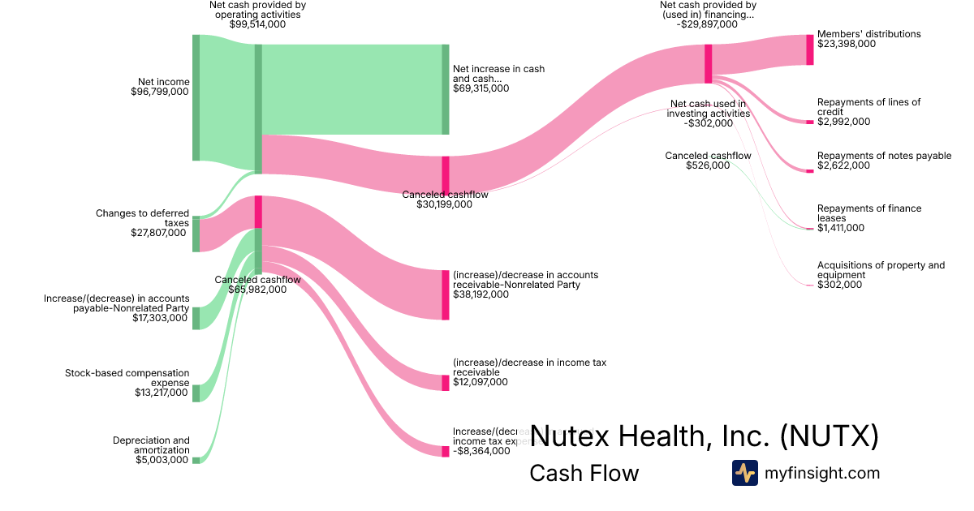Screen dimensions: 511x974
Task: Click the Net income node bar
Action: [196, 97]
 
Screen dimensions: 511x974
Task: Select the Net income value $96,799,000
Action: [160, 92]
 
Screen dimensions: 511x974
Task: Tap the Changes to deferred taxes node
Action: [196, 234]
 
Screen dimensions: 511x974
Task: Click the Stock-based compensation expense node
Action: [196, 393]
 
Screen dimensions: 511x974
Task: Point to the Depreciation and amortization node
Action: [196, 460]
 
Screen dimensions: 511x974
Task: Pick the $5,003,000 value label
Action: [161, 460]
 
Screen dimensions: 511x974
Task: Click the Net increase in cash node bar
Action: [445, 89]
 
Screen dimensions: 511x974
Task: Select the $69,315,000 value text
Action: [481, 88]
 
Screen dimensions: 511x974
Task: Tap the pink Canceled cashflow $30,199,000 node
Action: [445, 175]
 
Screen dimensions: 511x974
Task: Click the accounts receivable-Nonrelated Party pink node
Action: [445, 294]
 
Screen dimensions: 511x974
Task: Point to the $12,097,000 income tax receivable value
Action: [481, 382]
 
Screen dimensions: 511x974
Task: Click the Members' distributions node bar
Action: [809, 49]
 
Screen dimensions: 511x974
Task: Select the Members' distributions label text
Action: [868, 34]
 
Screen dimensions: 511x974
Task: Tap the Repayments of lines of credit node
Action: [809, 122]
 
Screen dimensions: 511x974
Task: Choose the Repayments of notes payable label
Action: [884, 156]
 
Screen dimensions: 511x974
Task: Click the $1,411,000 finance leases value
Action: [841, 228]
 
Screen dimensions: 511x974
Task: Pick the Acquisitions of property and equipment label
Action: [881, 270]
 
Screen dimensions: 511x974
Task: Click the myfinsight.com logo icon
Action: [744, 473]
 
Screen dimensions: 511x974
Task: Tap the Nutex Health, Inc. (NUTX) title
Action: [704, 436]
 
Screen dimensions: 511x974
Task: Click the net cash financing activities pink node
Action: [708, 63]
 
